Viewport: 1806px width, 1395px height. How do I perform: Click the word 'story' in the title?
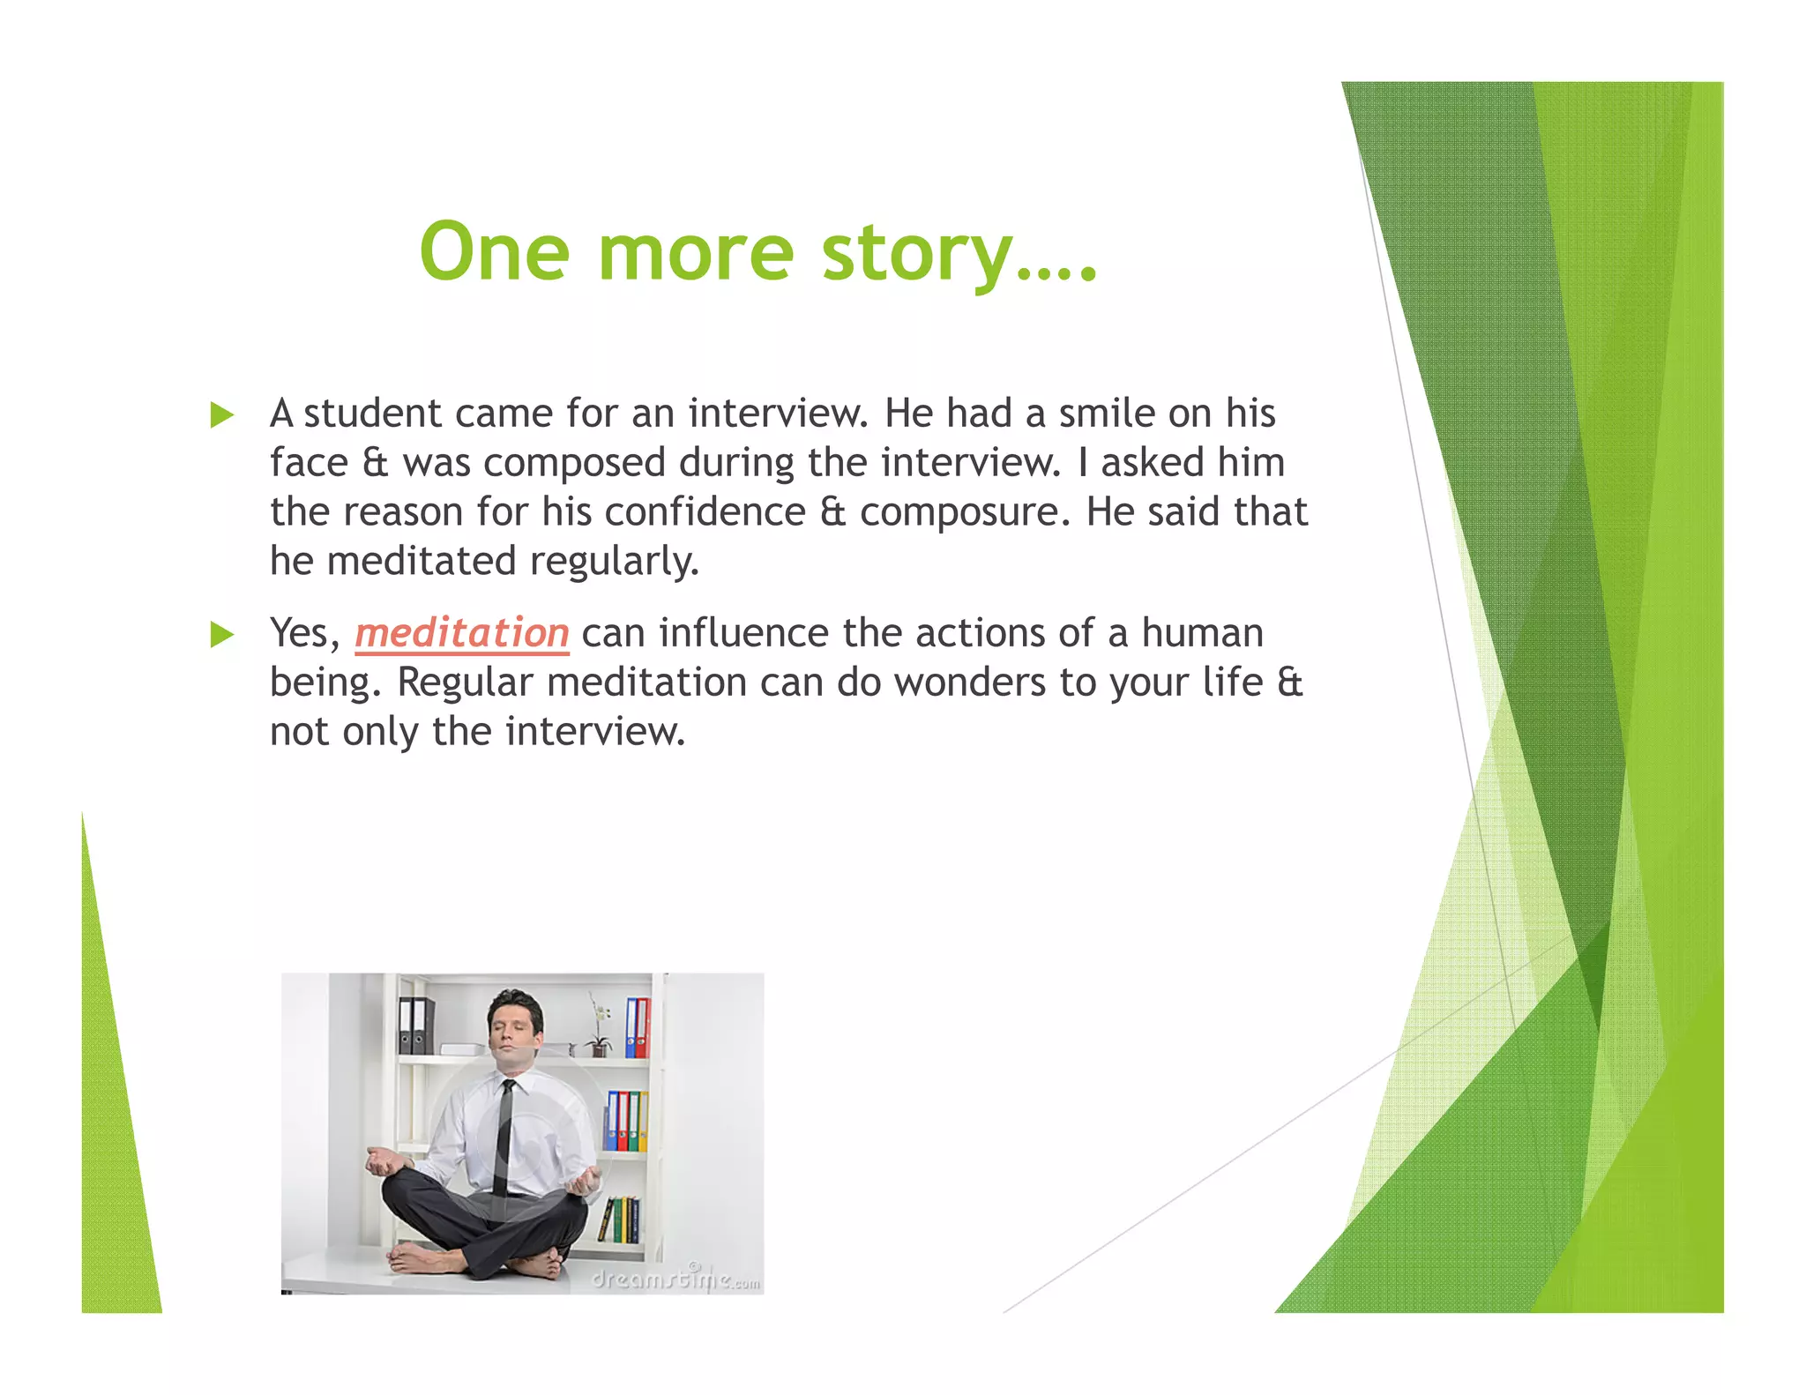917,254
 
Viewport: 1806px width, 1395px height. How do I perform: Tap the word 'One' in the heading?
494,252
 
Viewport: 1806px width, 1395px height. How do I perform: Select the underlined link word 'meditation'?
462,633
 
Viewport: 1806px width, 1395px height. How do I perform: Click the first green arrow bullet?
222,414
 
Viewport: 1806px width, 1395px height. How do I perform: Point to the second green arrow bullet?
222,634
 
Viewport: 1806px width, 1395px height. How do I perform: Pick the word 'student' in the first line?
372,414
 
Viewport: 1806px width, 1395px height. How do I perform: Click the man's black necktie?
504,1138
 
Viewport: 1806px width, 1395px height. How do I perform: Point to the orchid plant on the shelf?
601,1027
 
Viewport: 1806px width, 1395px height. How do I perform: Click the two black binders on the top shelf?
415,1026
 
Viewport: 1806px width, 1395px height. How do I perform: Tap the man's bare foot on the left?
419,1260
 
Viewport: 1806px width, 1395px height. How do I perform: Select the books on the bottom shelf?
622,1219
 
